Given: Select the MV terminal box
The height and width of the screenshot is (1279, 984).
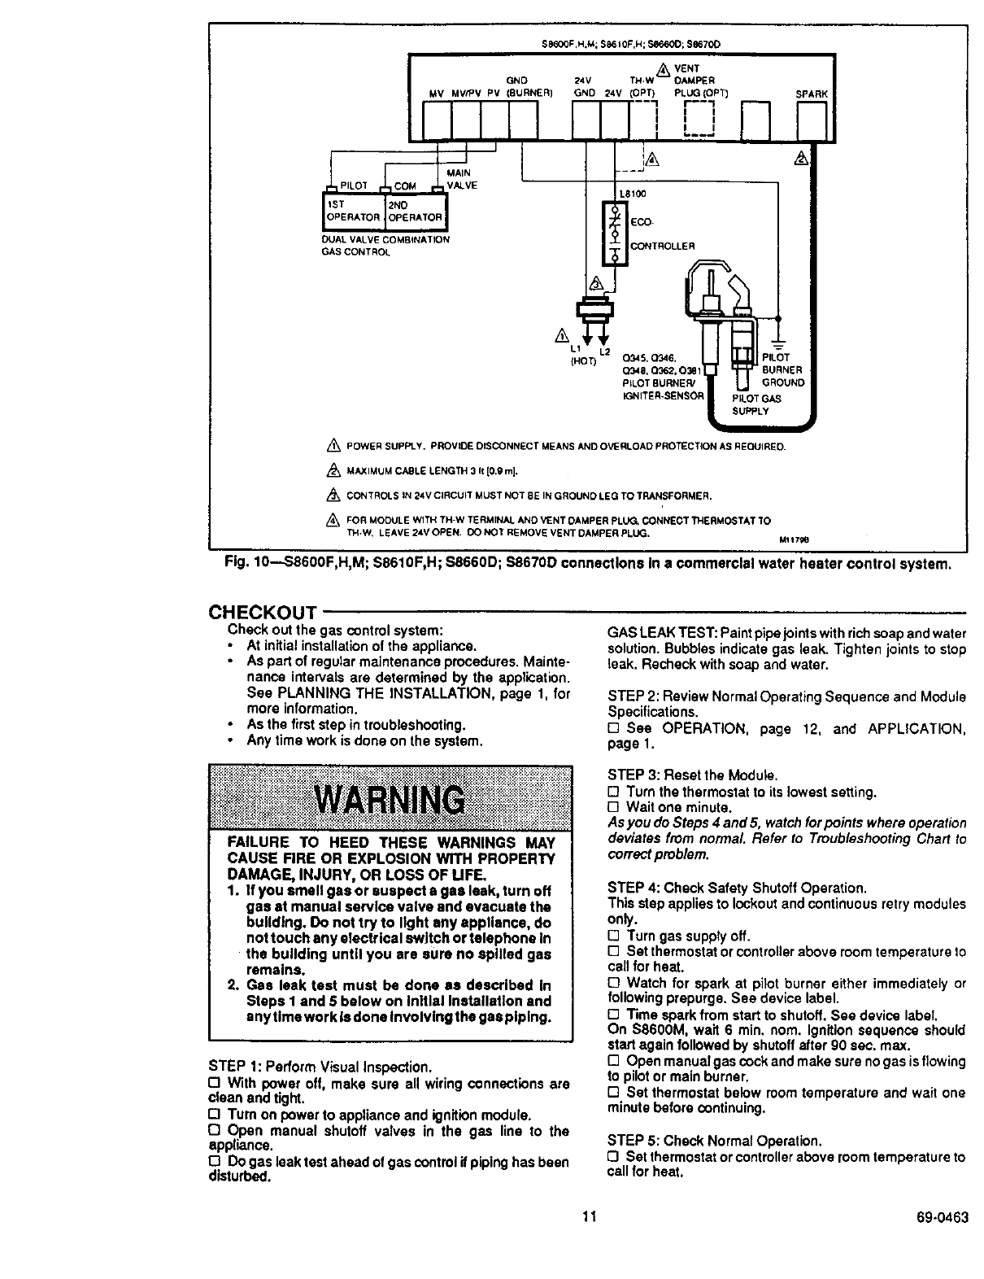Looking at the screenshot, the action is coord(439,120).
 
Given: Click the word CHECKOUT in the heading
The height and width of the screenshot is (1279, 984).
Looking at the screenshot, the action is coord(262,612).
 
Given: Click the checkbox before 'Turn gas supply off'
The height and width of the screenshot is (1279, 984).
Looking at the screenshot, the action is coord(614,936).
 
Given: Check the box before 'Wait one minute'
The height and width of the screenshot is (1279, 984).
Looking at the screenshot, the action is coord(614,808).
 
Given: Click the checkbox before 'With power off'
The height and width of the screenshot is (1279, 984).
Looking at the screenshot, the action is coord(215,1083).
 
